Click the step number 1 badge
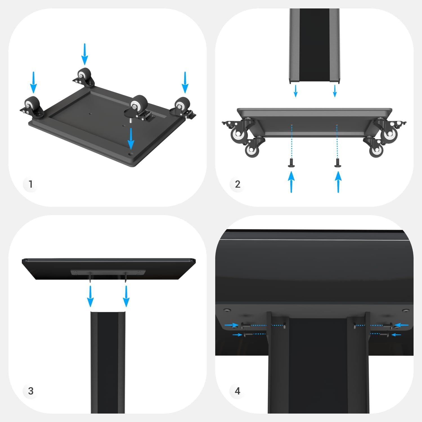[30, 184]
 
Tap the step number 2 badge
[237, 184]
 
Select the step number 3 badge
[30, 391]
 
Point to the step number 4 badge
[237, 391]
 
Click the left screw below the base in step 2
[291, 163]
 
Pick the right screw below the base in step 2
[337, 163]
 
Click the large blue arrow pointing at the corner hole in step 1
[131, 139]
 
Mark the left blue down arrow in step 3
[90, 296]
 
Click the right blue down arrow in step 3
[126, 296]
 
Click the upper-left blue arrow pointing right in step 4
[232, 325]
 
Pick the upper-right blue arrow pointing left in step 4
[401, 325]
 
